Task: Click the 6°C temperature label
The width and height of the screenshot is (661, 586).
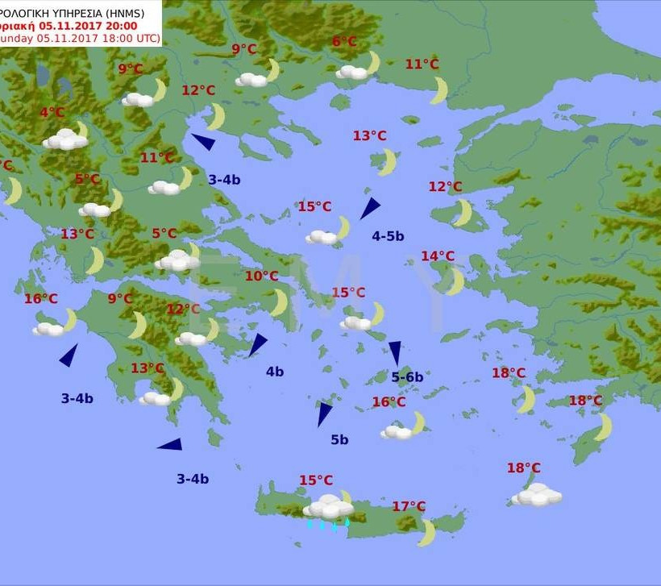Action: click(344, 42)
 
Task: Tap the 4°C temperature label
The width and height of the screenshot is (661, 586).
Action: click(52, 113)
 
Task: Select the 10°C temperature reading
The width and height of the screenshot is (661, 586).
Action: click(261, 276)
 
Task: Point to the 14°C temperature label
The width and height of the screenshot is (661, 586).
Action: click(438, 256)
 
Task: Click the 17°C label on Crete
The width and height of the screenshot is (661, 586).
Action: click(409, 506)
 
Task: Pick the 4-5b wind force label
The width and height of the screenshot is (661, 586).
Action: click(388, 236)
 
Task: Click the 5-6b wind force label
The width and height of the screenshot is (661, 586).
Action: click(407, 376)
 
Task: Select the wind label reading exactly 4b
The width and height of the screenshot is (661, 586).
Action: click(275, 372)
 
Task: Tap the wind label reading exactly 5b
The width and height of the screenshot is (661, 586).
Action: click(339, 439)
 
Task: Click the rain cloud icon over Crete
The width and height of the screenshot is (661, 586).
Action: click(328, 509)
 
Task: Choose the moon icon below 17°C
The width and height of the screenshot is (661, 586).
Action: click(426, 533)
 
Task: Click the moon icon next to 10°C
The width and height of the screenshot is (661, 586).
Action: click(278, 302)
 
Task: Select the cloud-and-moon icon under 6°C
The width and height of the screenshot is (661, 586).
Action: click(358, 68)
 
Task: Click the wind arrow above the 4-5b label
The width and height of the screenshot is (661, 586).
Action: click(369, 208)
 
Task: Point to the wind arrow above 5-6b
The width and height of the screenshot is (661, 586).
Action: click(395, 352)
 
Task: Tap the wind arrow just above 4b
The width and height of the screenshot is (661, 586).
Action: click(257, 344)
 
